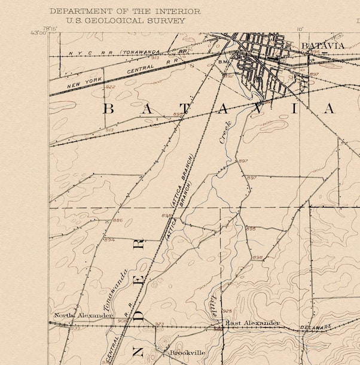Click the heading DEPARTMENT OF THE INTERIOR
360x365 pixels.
[124, 11]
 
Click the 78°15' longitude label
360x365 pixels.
[50, 28]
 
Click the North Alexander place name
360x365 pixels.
[83, 315]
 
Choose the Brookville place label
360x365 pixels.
[187, 352]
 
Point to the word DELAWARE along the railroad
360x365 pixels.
[315, 327]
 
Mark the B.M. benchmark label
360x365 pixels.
[224, 62]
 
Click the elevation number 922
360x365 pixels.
[109, 87]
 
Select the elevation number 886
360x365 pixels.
[118, 220]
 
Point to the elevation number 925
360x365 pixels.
[227, 311]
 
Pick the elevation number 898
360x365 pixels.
[258, 257]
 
